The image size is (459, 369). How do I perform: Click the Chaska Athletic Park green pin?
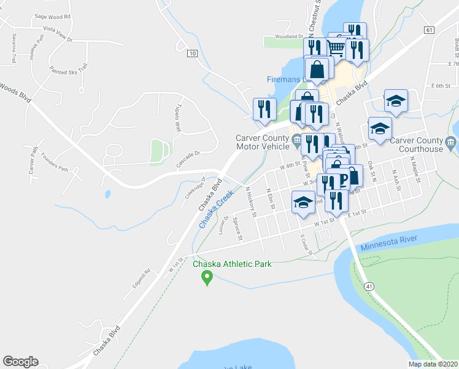click(x=207, y=278)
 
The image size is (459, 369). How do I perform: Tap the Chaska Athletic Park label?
click(x=232, y=264)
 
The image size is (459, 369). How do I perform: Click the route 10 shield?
click(x=193, y=54)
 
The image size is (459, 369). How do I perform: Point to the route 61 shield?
click(x=428, y=30)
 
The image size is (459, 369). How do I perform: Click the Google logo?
click(x=20, y=362)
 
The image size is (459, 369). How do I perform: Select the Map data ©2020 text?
click(x=432, y=364)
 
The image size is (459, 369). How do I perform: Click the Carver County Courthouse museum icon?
click(x=450, y=143)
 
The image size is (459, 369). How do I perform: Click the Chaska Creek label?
click(x=216, y=210)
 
